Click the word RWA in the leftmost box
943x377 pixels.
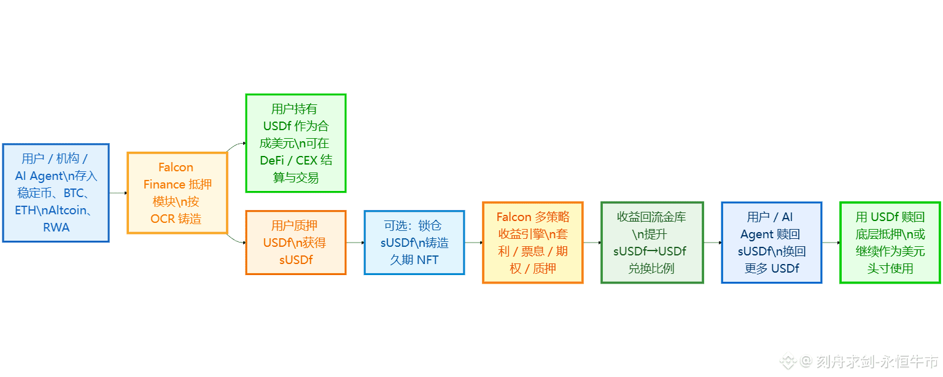(56, 227)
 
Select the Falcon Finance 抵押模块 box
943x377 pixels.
(177, 193)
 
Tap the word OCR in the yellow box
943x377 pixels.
(163, 219)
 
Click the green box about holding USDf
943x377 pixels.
(295, 143)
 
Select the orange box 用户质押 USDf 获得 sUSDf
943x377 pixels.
(295, 243)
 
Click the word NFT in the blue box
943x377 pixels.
(427, 260)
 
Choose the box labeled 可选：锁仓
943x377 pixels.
(414, 243)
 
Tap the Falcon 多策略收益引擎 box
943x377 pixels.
(532, 243)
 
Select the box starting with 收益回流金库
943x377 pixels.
(651, 243)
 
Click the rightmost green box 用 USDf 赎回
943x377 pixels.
(890, 243)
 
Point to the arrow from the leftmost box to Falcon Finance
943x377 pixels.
(118, 193)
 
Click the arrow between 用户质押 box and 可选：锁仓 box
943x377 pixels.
(355, 243)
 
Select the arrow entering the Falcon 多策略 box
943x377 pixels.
(473, 243)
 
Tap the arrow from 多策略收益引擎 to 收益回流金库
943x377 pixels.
(591, 243)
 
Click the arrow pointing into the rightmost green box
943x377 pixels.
(830, 243)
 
